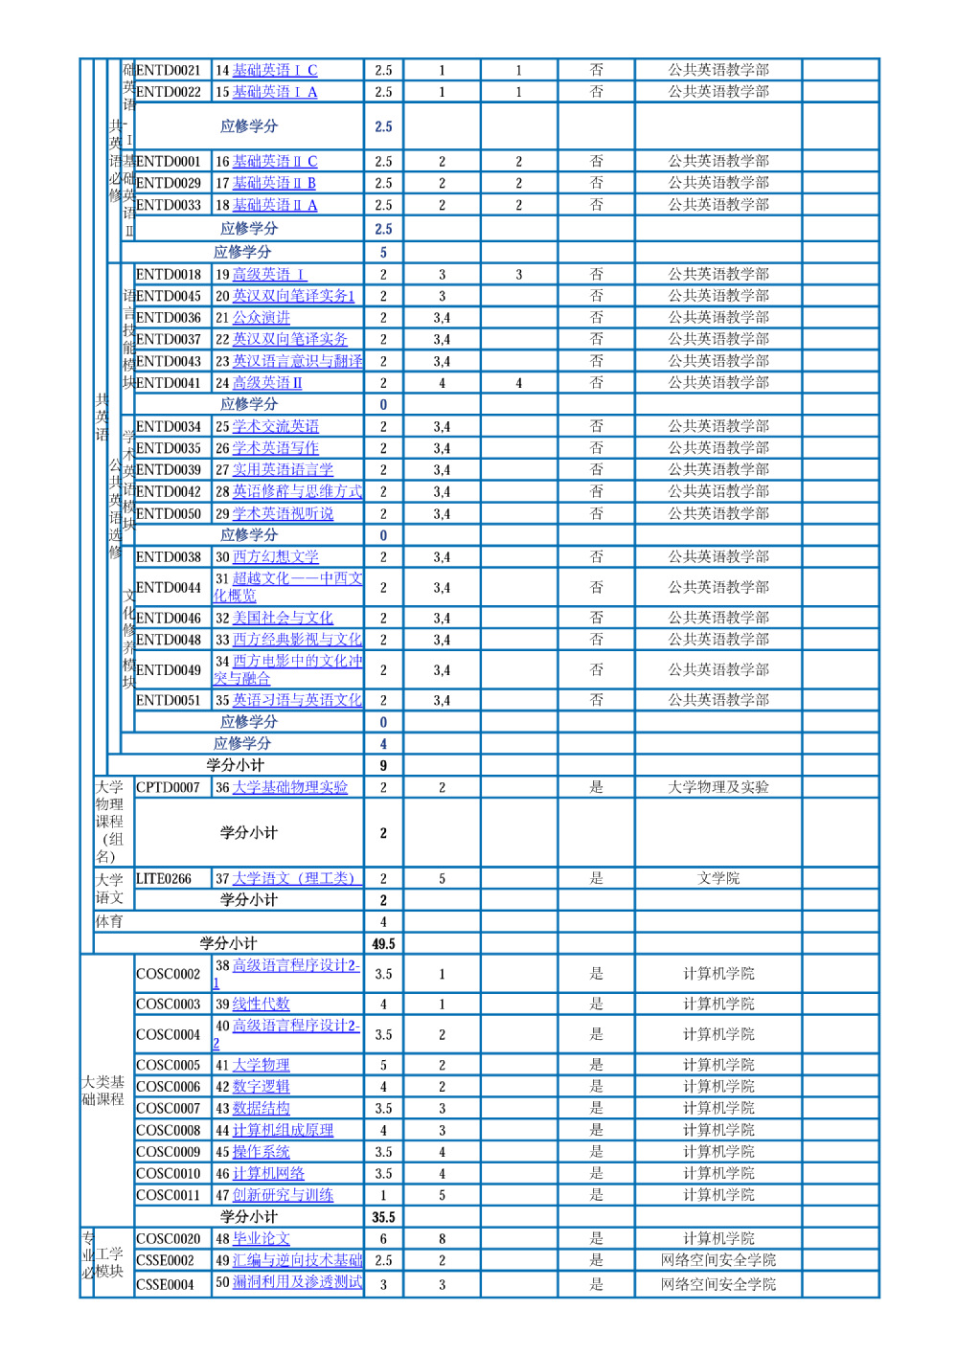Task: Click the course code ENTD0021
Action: (169, 70)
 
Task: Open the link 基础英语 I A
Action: (275, 92)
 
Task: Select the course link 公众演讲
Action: (262, 318)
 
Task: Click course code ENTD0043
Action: (169, 361)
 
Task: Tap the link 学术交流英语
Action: (276, 426)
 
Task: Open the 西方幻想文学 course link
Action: (276, 556)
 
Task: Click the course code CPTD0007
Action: (169, 787)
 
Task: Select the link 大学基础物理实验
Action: (290, 787)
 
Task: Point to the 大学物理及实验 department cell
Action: (718, 787)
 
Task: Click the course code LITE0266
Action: (164, 878)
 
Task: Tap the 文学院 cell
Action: (718, 878)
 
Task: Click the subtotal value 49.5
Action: (383, 943)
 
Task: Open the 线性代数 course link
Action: (262, 1004)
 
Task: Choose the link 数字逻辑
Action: (262, 1086)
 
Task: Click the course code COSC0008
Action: (169, 1130)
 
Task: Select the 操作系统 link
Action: (262, 1152)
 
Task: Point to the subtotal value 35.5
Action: (383, 1217)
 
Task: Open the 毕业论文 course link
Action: (262, 1238)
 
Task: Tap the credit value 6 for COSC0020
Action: (383, 1238)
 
